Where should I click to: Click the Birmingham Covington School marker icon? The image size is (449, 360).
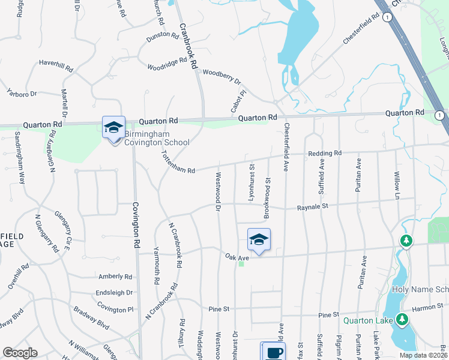(113, 128)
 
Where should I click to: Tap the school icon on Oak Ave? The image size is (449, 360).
(259, 240)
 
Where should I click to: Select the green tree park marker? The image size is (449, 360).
(406, 241)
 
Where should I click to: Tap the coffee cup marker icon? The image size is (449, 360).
(274, 352)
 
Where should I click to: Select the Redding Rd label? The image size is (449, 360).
(324, 154)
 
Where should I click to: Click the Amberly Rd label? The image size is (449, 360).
(116, 277)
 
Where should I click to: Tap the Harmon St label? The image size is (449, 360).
(427, 308)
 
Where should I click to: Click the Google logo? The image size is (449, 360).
(20, 352)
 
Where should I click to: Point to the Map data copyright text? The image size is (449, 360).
(422, 355)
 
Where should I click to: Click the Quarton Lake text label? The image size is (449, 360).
(368, 320)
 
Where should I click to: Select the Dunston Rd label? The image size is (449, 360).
(162, 36)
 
